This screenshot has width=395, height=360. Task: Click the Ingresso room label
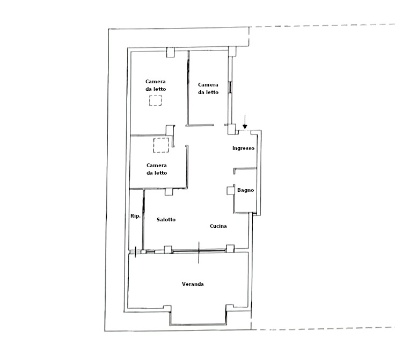tap(243, 148)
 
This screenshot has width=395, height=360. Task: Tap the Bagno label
tap(245, 190)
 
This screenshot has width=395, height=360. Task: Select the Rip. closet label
tap(135, 216)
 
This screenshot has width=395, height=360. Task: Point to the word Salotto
tap(166, 219)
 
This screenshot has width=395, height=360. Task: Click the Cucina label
tap(218, 226)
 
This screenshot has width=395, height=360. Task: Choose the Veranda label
tap(193, 284)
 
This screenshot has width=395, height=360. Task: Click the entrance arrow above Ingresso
tap(245, 122)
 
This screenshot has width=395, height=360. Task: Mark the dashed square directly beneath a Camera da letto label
tap(156, 100)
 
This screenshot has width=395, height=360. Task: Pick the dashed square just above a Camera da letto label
tap(161, 145)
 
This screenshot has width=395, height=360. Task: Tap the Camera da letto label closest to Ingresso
tap(208, 89)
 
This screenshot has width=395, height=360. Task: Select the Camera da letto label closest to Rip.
tap(157, 169)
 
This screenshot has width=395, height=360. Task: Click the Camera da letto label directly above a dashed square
tap(156, 85)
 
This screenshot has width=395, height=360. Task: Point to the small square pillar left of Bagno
tap(230, 190)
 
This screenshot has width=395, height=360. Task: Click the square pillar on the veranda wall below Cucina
tap(230, 249)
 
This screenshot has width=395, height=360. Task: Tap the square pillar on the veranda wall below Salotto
tap(168, 249)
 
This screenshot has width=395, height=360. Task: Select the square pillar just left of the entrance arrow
tap(232, 129)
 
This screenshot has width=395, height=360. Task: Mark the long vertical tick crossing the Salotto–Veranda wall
tap(199, 253)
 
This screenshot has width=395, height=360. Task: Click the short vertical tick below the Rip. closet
tap(135, 252)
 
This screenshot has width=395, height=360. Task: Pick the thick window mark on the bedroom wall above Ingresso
tap(230, 87)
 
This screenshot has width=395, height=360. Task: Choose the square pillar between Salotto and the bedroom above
tap(169, 192)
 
